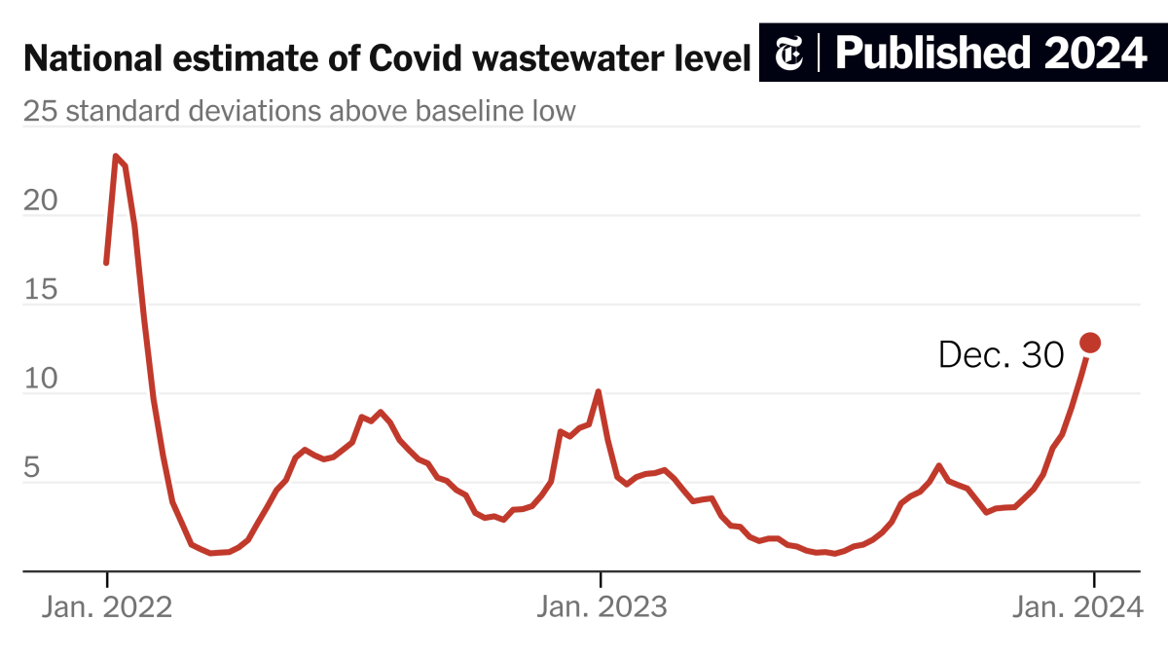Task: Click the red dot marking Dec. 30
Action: [1090, 343]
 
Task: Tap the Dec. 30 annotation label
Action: [1001, 355]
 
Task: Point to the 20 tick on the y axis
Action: [40, 201]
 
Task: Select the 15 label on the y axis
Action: [40, 289]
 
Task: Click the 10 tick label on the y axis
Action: [40, 379]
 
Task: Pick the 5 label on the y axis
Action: [32, 467]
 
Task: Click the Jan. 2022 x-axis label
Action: [107, 607]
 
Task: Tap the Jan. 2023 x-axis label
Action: [602, 607]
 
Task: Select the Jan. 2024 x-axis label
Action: [1077, 607]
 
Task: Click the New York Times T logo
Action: [788, 53]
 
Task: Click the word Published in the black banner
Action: [932, 54]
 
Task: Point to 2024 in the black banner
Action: [1096, 54]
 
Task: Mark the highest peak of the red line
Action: [115, 156]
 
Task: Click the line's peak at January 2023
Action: [598, 391]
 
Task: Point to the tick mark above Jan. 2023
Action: [601, 579]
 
